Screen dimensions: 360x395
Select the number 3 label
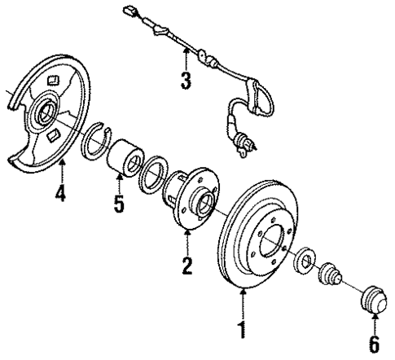tap(186, 81)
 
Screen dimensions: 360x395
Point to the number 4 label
tap(59, 195)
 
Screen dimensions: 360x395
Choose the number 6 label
tap(374, 345)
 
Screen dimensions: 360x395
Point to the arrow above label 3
tap(186, 57)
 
